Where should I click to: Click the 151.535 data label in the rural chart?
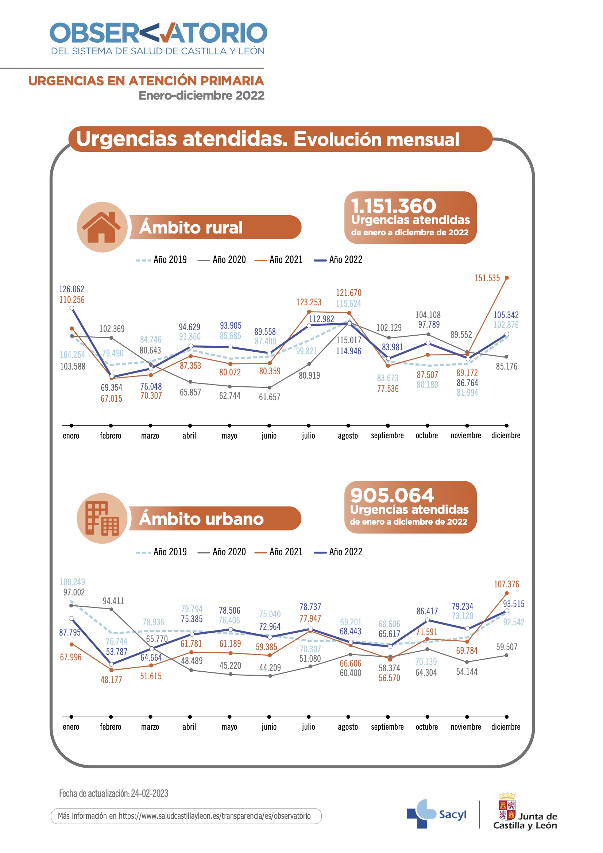pos(487,278)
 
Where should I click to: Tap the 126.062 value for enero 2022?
pos(72,289)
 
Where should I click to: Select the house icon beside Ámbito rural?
pos(102,227)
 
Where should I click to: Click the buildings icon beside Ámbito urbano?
pos(102,518)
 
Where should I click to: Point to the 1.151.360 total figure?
pos(394,206)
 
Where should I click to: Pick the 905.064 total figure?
pos(392,495)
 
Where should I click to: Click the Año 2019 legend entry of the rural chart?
pos(162,260)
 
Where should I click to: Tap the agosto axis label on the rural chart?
pos(348,436)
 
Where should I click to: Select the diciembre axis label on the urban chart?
pos(506,727)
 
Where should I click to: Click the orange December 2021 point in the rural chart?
pos(507,278)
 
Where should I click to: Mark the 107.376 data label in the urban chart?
pos(506,584)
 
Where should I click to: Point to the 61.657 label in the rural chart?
pos(270,397)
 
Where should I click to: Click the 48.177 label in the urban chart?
pos(111,680)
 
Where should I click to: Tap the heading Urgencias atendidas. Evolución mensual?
pos(267,139)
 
